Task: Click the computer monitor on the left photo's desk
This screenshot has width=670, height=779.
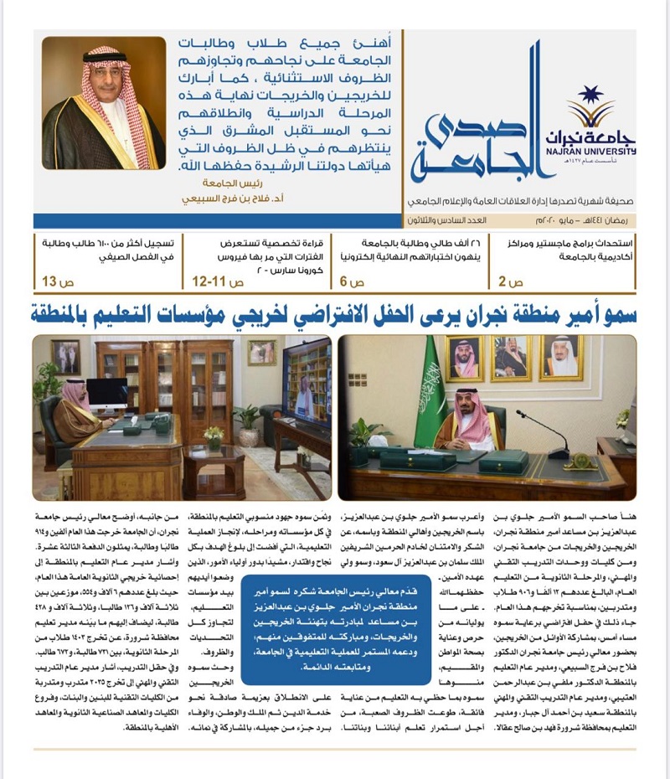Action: pyautogui.click(x=106, y=394)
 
